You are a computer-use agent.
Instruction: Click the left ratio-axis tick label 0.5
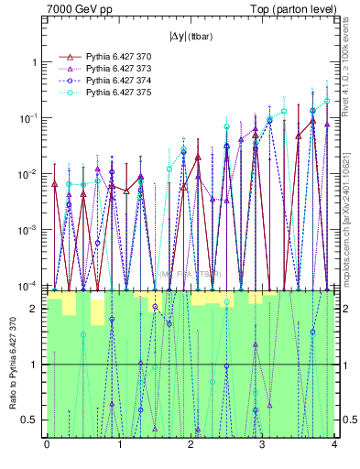[31, 420]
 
